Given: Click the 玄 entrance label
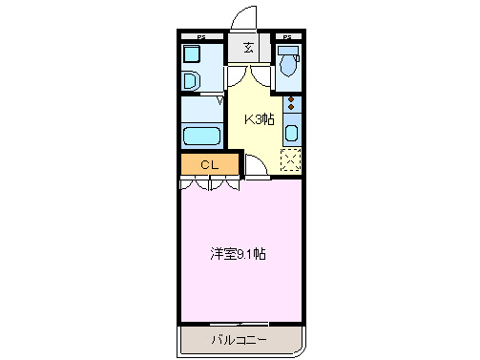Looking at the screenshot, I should coord(248,48).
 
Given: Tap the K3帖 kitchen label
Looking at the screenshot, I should coord(261,119).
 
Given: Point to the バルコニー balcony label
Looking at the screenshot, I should coord(239,339).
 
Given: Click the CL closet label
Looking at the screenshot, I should coord(209,164).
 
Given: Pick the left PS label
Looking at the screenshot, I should coord(201,37).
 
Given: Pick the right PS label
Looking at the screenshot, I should coord(287,37).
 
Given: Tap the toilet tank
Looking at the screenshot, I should coord(287,51).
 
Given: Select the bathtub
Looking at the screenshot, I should coord(200,133).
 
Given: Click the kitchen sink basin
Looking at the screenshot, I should coord(291,134).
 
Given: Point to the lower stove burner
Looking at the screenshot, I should coord(291,109).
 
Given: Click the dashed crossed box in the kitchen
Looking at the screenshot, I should coord(291,160).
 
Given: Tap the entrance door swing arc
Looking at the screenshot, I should coord(242,17).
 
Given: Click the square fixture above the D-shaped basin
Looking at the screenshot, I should coord(192,54).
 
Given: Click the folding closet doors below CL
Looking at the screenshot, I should coord(209,182).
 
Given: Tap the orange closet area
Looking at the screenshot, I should coord(196,164).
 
